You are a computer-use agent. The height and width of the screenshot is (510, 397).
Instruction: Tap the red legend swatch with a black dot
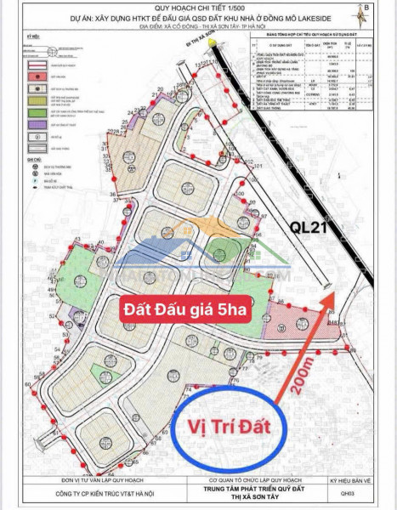[37, 76]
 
